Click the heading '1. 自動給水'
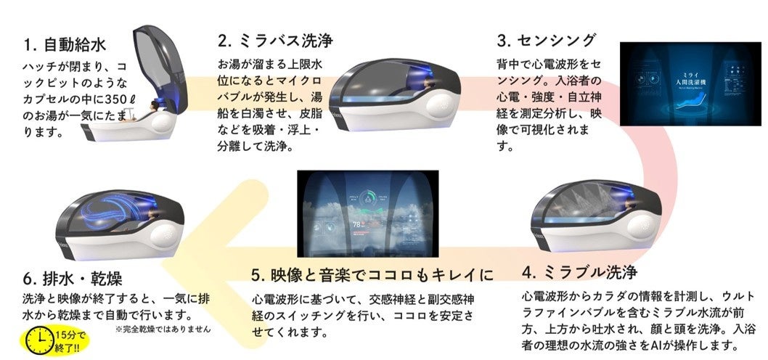coord(65,45)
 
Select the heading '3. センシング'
coord(546,39)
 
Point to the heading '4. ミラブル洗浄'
coord(579,273)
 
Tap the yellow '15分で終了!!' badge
coord(70,339)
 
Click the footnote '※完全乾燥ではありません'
coord(163,329)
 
